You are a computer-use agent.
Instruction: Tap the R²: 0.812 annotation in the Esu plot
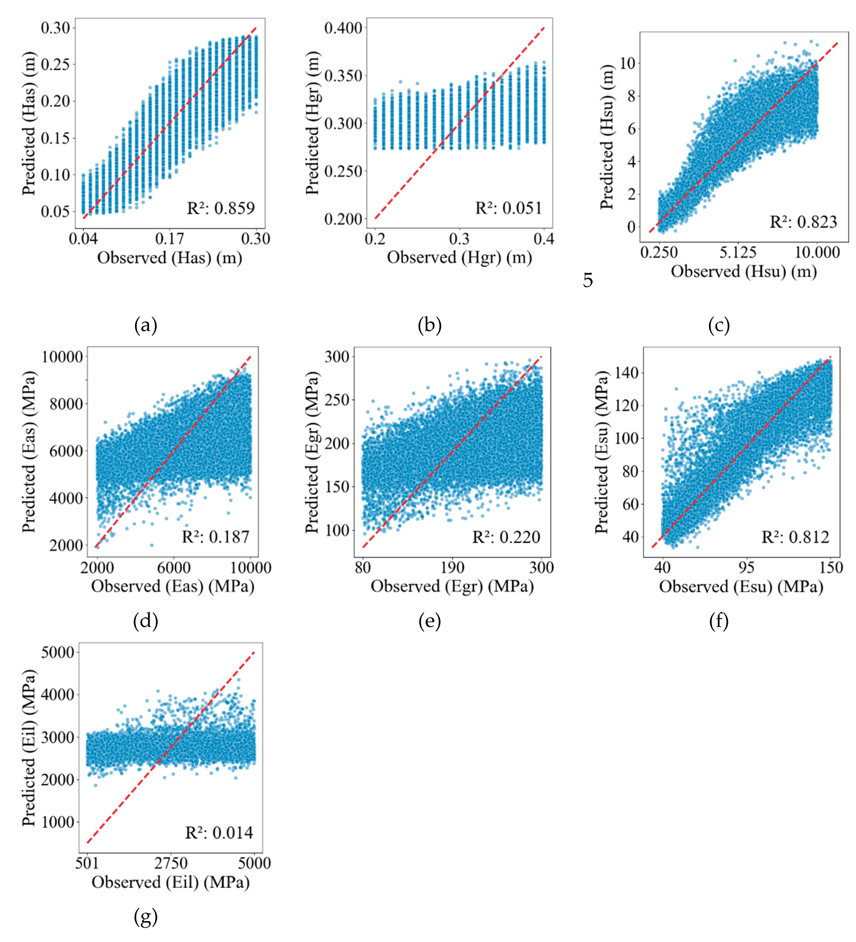(x=795, y=537)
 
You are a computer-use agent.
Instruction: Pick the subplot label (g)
(x=145, y=917)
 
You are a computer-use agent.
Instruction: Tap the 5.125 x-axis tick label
(x=737, y=253)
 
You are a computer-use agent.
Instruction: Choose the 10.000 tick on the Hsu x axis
(x=817, y=253)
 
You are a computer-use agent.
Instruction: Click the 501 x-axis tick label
(x=87, y=863)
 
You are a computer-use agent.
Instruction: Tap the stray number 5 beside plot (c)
(x=588, y=280)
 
